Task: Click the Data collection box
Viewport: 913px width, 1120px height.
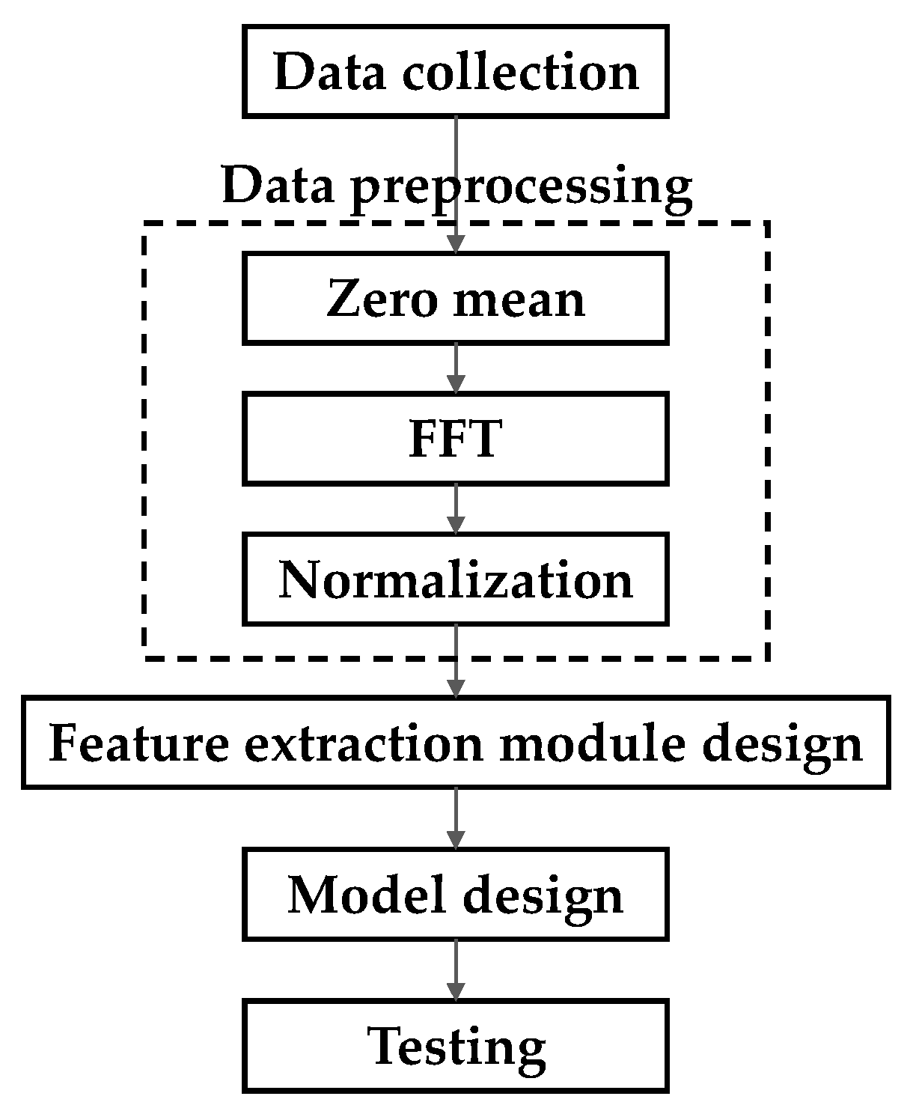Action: tap(455, 71)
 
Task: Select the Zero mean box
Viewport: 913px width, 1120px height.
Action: tap(455, 298)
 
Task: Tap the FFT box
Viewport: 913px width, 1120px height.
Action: tap(455, 439)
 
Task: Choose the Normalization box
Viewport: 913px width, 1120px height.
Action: tap(455, 579)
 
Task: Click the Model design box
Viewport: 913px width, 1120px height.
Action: tap(455, 894)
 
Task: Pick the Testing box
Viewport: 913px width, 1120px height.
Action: tap(455, 1047)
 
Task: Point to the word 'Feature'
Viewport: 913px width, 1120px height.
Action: tap(139, 743)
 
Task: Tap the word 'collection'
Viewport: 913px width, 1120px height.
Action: tap(521, 71)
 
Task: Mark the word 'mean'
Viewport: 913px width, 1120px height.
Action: tap(519, 298)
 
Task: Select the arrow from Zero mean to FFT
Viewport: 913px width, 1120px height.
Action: tap(455, 368)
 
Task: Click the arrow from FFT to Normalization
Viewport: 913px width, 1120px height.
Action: tap(455, 508)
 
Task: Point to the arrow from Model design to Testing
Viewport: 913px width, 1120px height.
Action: tap(455, 970)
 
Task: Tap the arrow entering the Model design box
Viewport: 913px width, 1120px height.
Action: tap(455, 818)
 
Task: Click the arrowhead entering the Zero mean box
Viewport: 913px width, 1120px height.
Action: tap(455, 244)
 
